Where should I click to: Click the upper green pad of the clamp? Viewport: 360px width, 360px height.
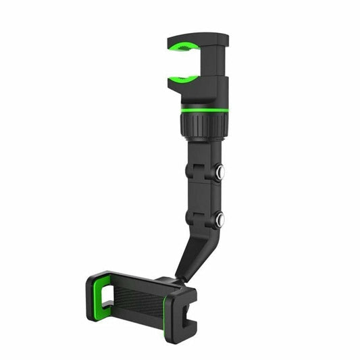(x=183, y=48)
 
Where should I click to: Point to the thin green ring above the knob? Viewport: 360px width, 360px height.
(x=203, y=110)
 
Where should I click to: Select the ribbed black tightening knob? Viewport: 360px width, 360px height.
(x=203, y=125)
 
